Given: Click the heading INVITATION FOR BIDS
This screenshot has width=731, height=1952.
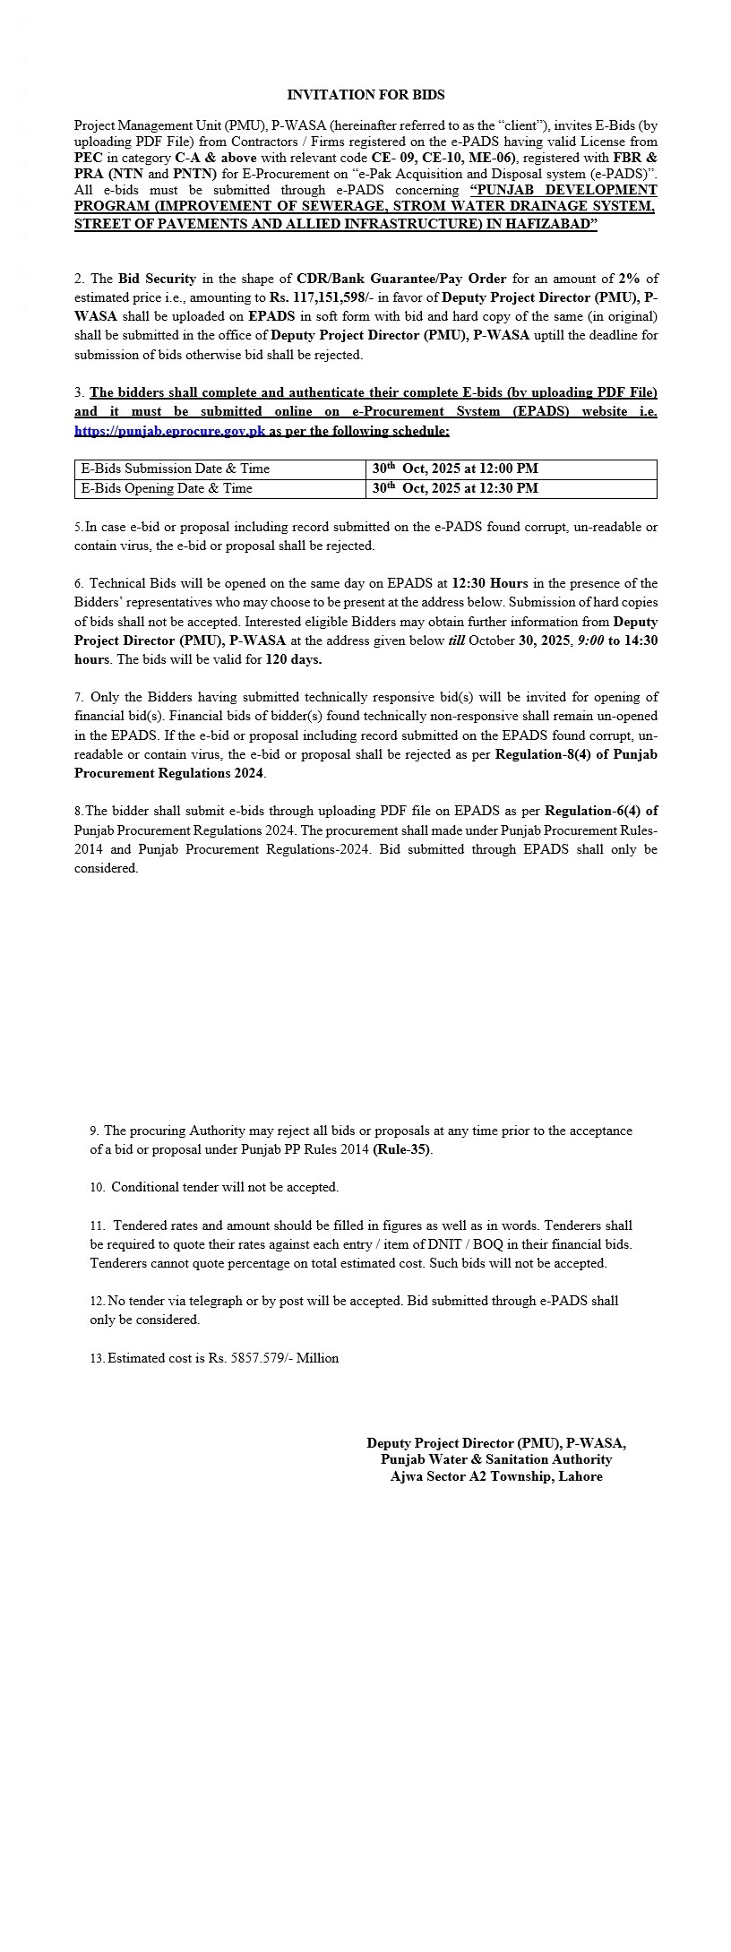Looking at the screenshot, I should [365, 94].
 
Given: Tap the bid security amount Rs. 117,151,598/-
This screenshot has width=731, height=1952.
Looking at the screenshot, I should [331, 297].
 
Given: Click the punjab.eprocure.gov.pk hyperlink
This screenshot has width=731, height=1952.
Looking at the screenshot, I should [170, 431].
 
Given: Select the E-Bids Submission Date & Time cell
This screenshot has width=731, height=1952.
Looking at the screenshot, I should [176, 469].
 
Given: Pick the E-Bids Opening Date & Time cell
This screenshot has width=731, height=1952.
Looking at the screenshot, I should [167, 488].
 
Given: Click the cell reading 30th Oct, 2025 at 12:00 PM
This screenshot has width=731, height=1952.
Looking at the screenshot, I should [455, 469].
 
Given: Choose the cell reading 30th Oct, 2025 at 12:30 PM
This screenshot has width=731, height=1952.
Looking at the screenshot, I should [455, 488].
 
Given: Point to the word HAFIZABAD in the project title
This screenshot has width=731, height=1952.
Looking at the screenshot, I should [547, 224].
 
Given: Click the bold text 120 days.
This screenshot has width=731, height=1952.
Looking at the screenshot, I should [294, 659].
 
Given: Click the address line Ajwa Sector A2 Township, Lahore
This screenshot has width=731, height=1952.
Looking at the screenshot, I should [496, 1476].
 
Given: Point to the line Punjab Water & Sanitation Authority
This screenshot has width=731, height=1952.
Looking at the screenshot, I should [496, 1459].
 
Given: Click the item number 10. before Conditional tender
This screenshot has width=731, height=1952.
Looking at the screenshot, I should [97, 1187].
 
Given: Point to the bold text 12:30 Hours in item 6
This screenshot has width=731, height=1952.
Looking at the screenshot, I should [491, 583].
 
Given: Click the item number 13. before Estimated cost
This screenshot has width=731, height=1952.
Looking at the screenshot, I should [97, 1358].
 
